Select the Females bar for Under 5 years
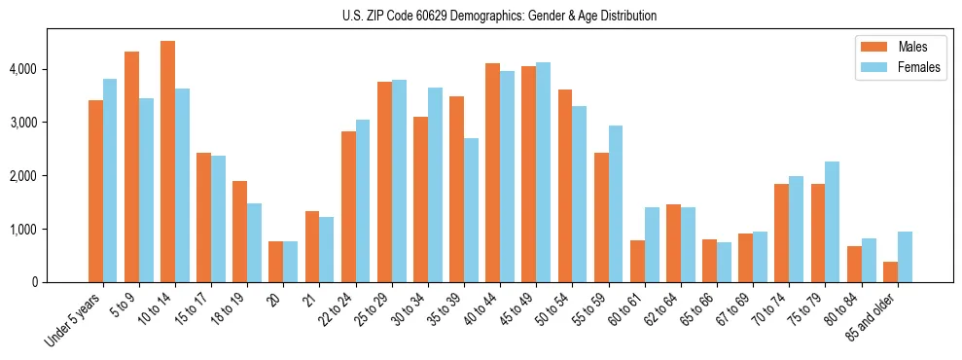point(110,181)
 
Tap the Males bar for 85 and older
point(890,271)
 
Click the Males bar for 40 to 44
point(493,173)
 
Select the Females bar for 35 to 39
point(472,210)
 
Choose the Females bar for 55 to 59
point(616,203)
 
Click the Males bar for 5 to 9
point(131,166)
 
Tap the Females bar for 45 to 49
point(544,172)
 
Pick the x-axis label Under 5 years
point(74,320)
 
